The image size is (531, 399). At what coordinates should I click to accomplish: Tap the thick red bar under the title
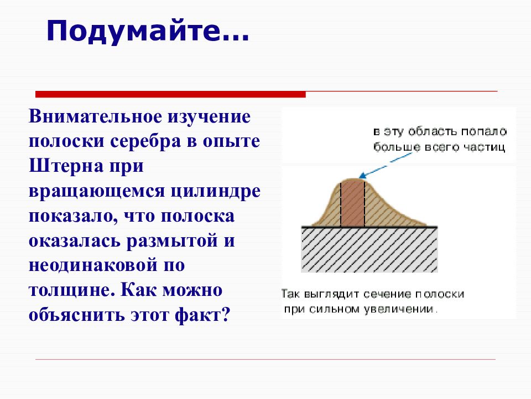170,94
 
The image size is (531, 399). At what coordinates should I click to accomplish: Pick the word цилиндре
215,192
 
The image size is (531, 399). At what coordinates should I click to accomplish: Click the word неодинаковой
93,265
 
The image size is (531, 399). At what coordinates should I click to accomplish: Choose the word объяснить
76,315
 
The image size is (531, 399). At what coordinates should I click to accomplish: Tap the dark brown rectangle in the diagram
352,203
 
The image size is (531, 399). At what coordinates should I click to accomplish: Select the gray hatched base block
369,250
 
